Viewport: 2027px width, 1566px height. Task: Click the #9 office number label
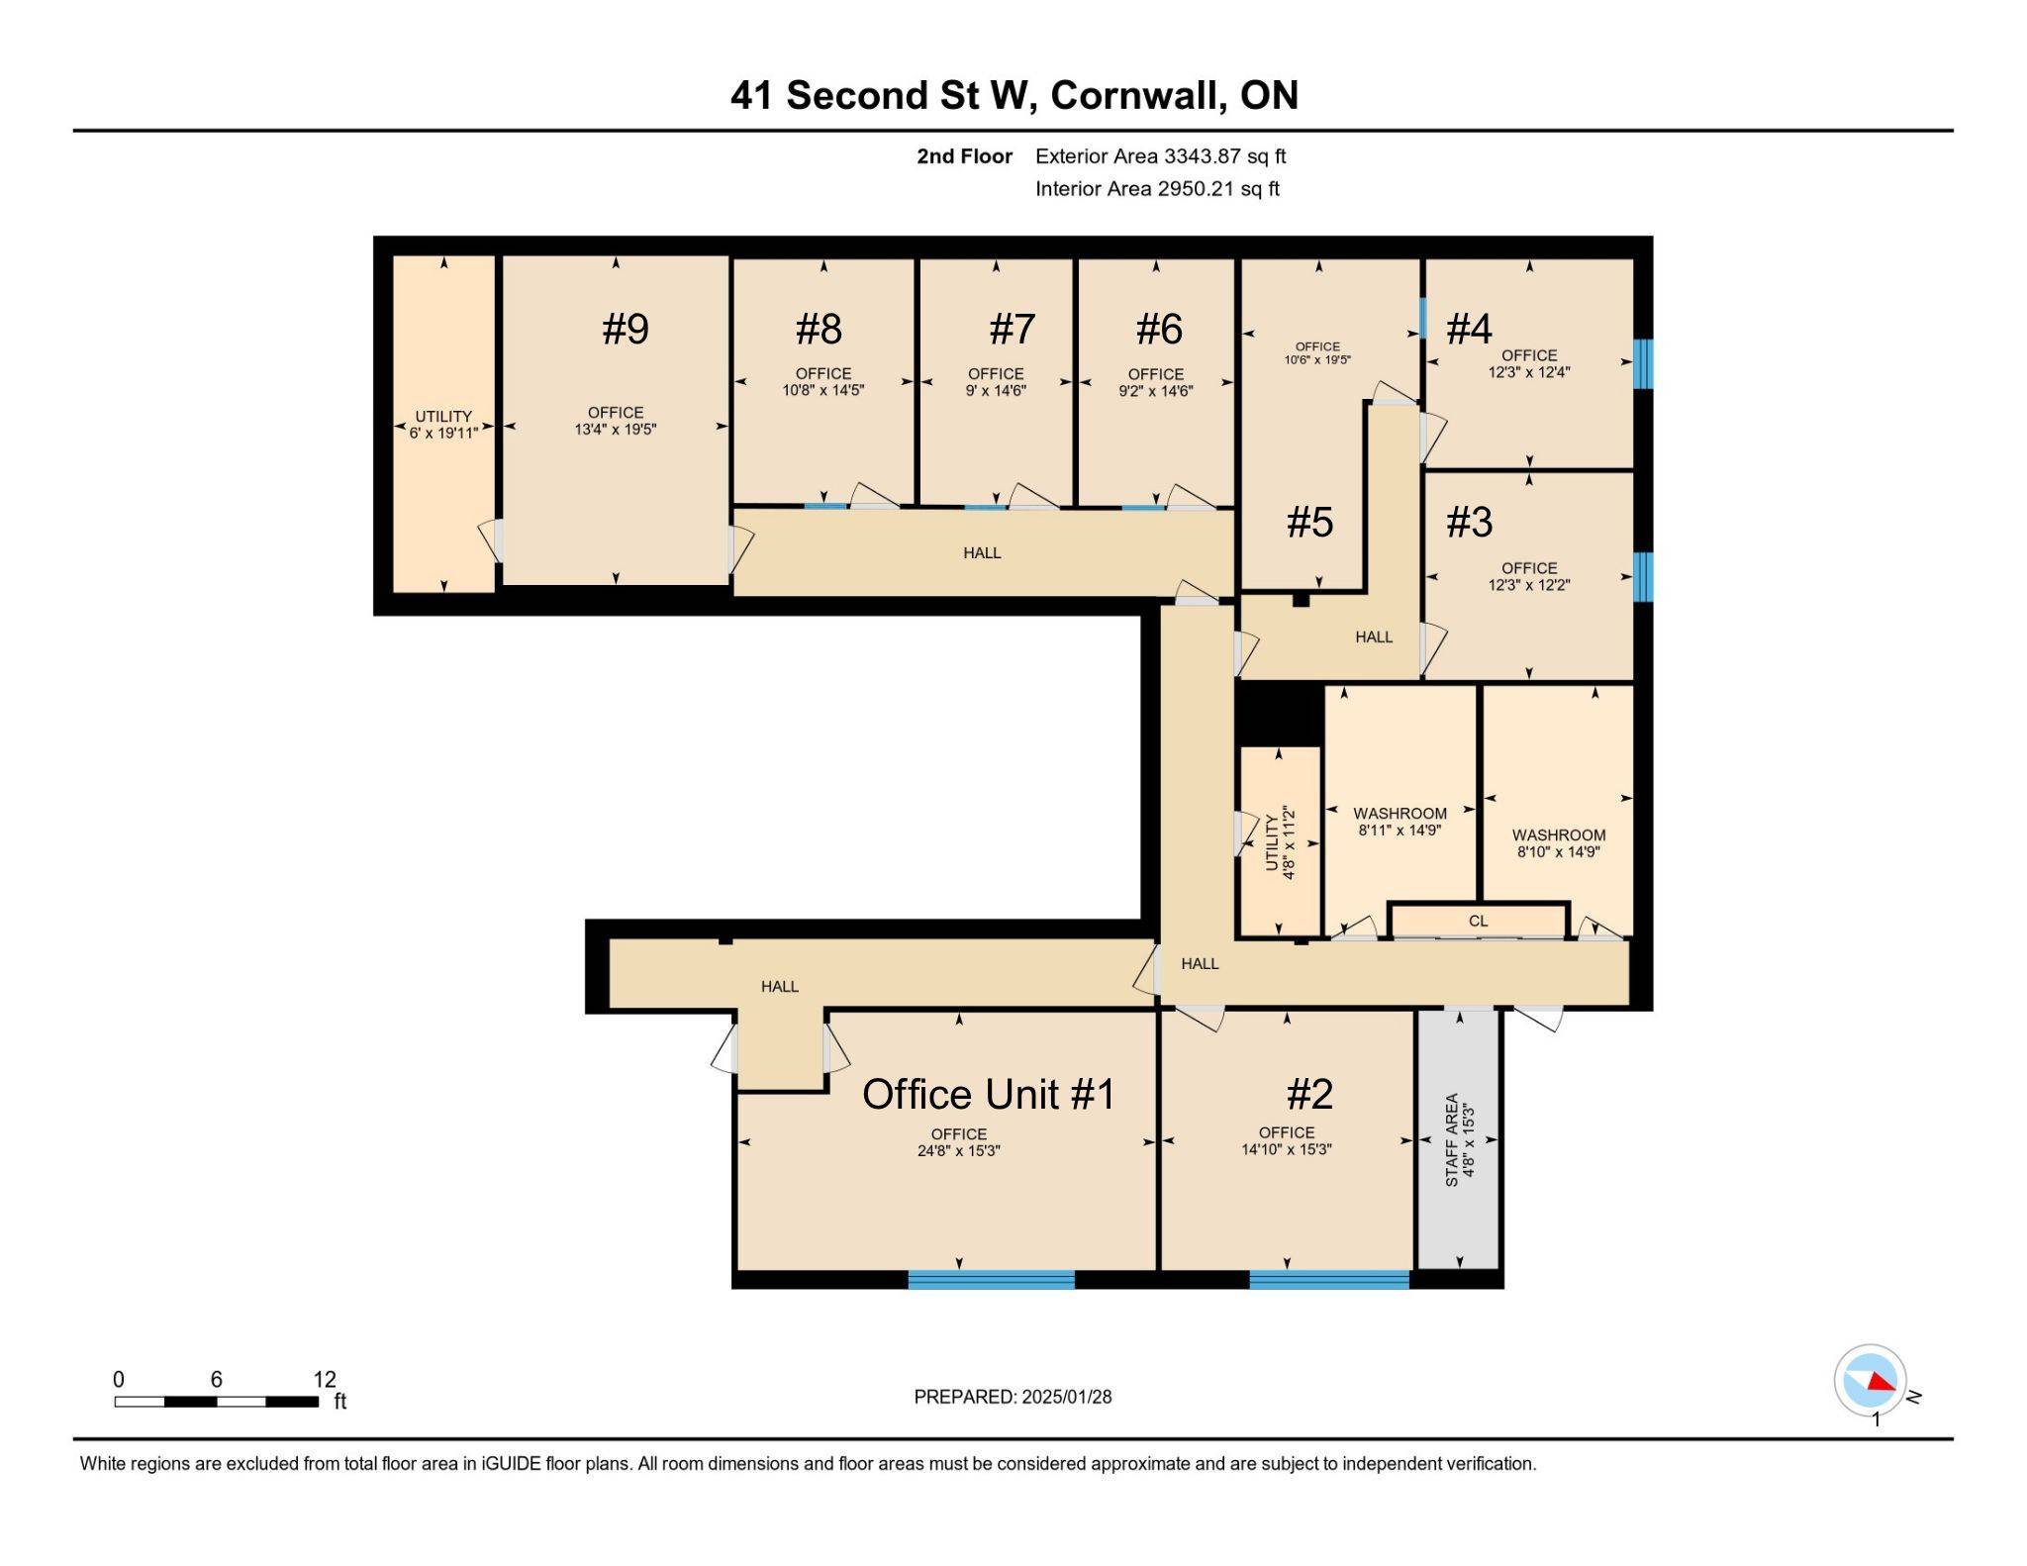[x=625, y=329]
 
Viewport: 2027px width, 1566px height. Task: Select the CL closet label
[x=1478, y=921]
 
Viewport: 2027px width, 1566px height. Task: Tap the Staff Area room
[x=1459, y=1139]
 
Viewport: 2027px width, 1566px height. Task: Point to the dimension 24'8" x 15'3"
[x=957, y=1151]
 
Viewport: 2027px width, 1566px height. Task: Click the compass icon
[x=1869, y=1379]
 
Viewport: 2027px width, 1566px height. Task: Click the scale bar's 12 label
[x=325, y=1379]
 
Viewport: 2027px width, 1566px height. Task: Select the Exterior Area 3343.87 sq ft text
[x=1160, y=156]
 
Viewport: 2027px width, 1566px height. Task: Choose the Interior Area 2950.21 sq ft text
[x=1157, y=189]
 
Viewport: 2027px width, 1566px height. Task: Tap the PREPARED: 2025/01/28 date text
[x=1013, y=1397]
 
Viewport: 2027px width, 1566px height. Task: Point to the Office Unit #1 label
[x=988, y=1095]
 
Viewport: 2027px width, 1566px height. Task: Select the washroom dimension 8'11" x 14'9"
[x=1400, y=831]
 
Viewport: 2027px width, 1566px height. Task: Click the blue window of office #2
[x=1328, y=1279]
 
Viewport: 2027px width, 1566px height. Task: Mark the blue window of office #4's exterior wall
[x=1643, y=363]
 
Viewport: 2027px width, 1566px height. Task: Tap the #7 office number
[x=1012, y=329]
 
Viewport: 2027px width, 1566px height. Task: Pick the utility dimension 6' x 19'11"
[x=443, y=434]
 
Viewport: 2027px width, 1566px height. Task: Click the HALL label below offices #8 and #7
[x=982, y=553]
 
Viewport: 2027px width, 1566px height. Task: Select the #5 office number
[x=1309, y=522]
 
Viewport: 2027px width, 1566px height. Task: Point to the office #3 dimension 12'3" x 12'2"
[x=1528, y=585]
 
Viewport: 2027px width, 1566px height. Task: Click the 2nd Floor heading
[x=964, y=156]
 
